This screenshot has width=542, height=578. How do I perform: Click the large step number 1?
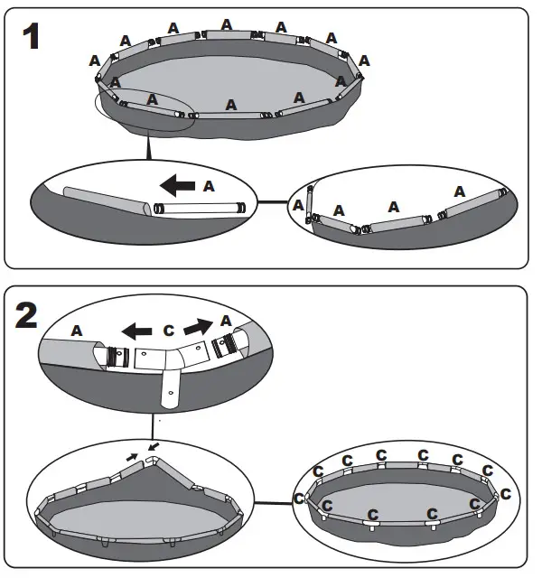pos(33,38)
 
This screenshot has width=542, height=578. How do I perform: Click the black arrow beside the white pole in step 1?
pos(178,186)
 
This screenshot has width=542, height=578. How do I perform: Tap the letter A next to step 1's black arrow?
pos(209,186)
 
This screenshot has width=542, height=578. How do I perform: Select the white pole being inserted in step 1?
pos(201,208)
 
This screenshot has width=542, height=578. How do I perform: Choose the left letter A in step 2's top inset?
pos(76,331)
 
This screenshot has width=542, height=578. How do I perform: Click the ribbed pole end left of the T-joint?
pos(115,356)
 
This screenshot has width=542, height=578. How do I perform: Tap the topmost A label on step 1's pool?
pos(226,24)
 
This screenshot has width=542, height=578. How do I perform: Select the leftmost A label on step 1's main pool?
pos(94,61)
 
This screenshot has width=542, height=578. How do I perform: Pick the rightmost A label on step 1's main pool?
pos(365,61)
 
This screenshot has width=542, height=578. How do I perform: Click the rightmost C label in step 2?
pos(505,494)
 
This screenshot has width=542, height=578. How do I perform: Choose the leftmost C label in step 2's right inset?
pos(300,498)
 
